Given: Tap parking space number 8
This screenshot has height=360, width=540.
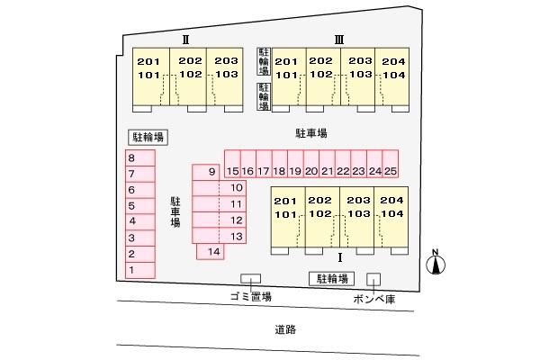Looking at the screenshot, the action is [140, 157].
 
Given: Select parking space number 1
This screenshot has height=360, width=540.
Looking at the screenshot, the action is [140, 270].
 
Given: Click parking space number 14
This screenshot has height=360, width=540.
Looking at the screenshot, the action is [211, 251].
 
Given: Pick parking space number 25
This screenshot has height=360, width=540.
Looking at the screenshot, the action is [391, 164].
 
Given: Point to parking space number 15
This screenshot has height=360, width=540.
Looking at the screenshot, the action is [232, 164].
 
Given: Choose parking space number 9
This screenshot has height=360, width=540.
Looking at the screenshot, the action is [206, 172].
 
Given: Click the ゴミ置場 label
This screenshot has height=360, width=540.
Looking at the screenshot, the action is [251, 296].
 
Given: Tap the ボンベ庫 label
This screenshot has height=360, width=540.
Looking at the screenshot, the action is [374, 299].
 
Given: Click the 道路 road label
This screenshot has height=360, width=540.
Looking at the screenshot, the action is [285, 329].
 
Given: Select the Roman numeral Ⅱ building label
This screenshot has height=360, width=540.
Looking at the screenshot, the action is [185, 40].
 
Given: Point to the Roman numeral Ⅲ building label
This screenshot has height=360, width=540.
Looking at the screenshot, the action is [339, 40].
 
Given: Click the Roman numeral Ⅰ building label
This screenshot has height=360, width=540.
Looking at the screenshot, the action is [340, 257].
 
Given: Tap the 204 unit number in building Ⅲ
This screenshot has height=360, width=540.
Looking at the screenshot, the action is [393, 61].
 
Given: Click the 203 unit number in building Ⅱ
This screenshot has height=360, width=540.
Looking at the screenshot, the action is [226, 60].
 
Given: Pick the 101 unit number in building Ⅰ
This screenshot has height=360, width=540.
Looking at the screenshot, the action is [285, 214].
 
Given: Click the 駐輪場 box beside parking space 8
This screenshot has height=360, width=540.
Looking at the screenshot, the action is [148, 138].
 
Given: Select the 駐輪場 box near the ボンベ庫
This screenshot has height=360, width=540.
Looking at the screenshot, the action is [331, 279].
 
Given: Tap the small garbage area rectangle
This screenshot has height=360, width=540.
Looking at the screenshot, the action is [250, 278].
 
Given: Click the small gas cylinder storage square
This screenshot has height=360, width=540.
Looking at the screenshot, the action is [373, 279].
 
